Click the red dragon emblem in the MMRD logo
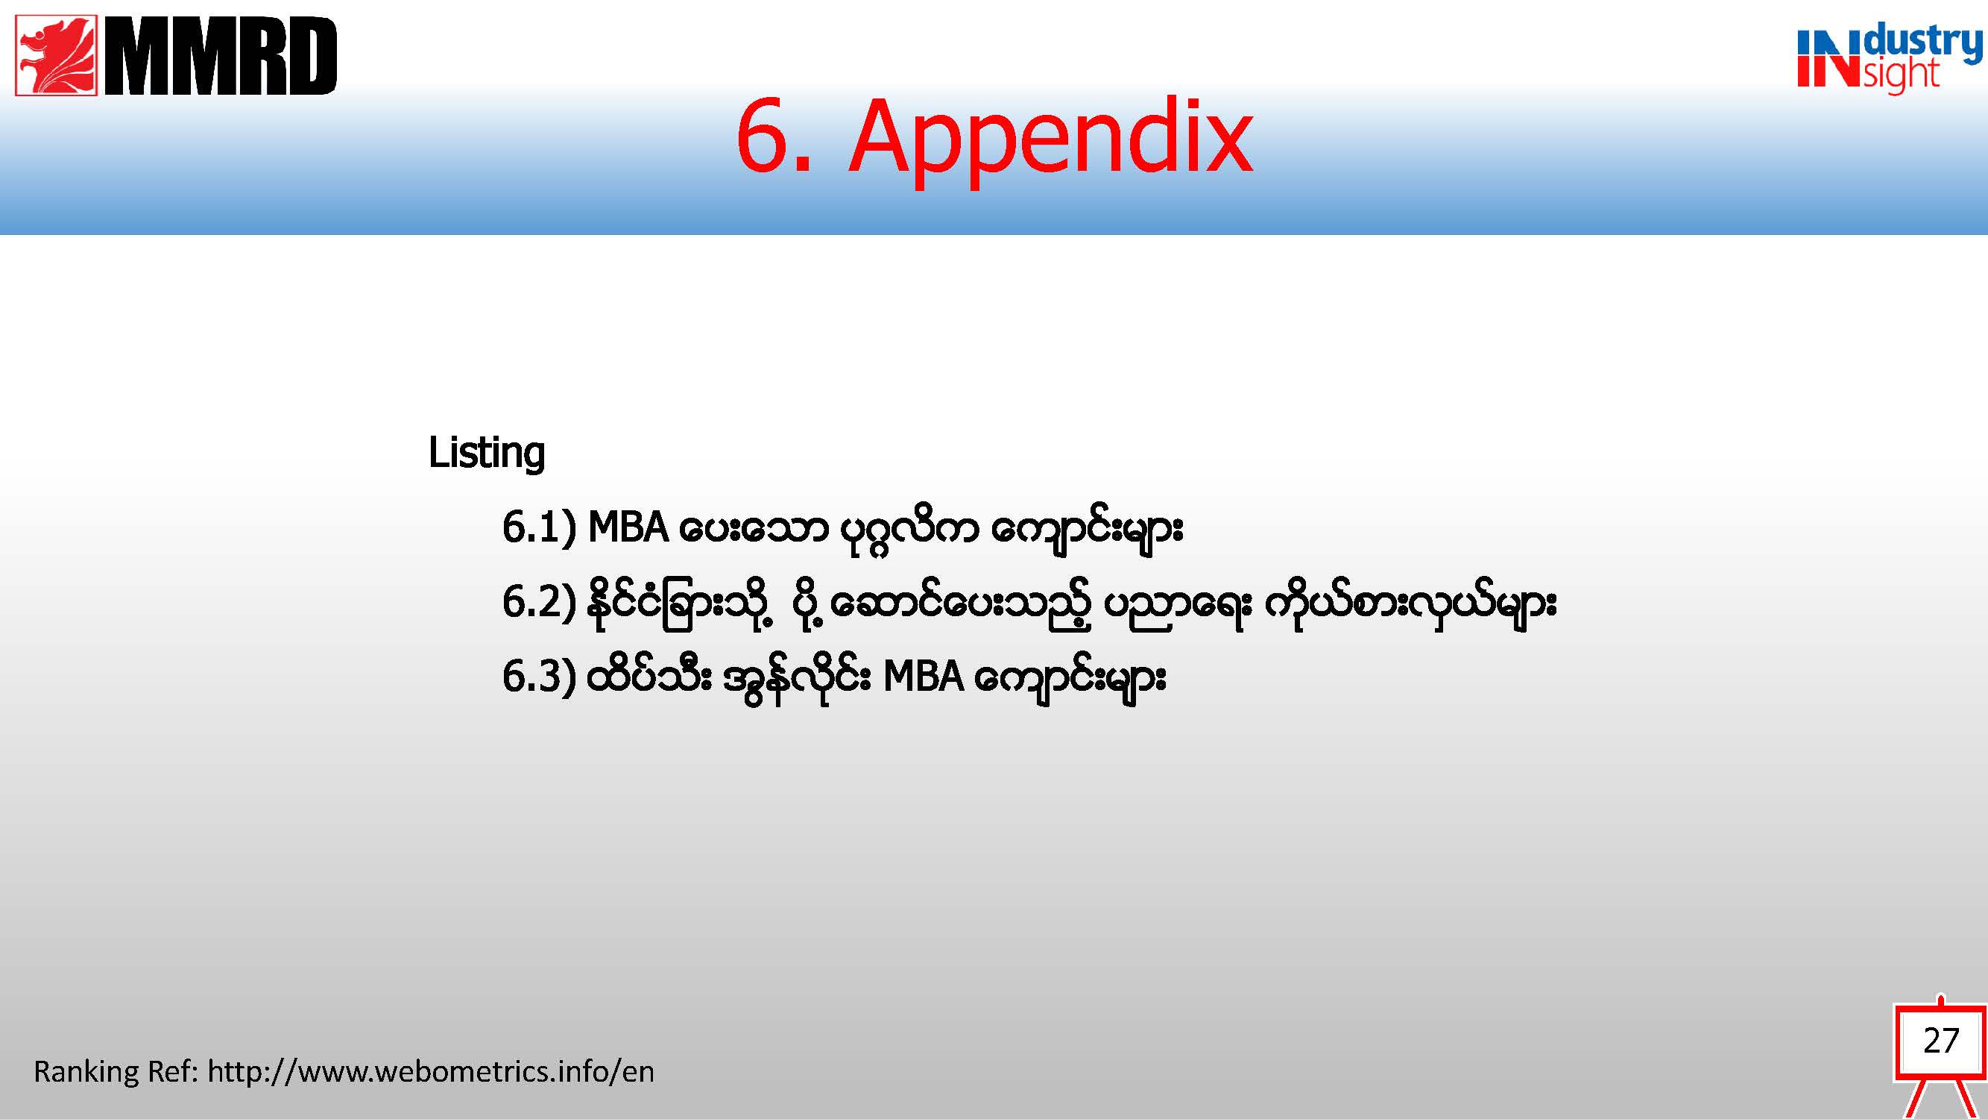[57, 54]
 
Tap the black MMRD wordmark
[221, 56]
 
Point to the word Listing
[486, 453]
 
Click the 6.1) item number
[539, 528]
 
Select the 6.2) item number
[539, 602]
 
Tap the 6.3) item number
[539, 677]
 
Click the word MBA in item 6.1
[628, 528]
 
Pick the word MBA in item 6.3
[923, 677]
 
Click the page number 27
[1941, 1040]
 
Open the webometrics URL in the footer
[431, 1072]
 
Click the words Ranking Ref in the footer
[116, 1072]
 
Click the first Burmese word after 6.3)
[649, 677]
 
